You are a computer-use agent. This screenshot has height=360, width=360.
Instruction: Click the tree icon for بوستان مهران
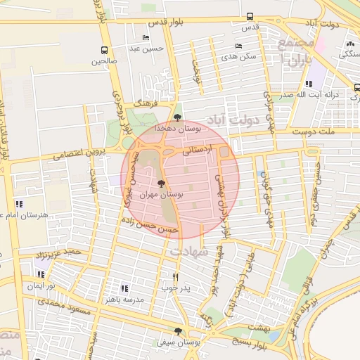pyautogui.click(x=162, y=184)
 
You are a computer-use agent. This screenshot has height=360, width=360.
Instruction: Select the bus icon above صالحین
pyautogui.click(x=105, y=50)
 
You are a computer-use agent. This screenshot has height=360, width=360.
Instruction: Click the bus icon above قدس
pyautogui.click(x=250, y=17)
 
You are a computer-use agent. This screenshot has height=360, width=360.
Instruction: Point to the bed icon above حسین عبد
pyautogui.click(x=146, y=38)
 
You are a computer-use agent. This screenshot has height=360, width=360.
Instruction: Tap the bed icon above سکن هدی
pyautogui.click(x=239, y=46)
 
